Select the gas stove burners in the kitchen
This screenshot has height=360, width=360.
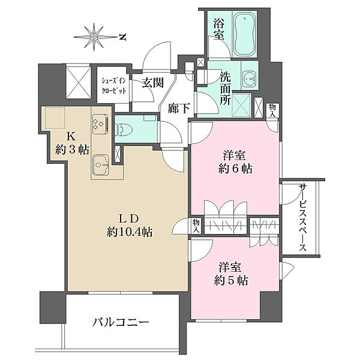(98, 125)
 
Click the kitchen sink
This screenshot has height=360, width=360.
(100, 162)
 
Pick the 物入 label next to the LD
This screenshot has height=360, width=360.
(196, 225)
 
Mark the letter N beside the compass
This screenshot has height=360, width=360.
(122, 37)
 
